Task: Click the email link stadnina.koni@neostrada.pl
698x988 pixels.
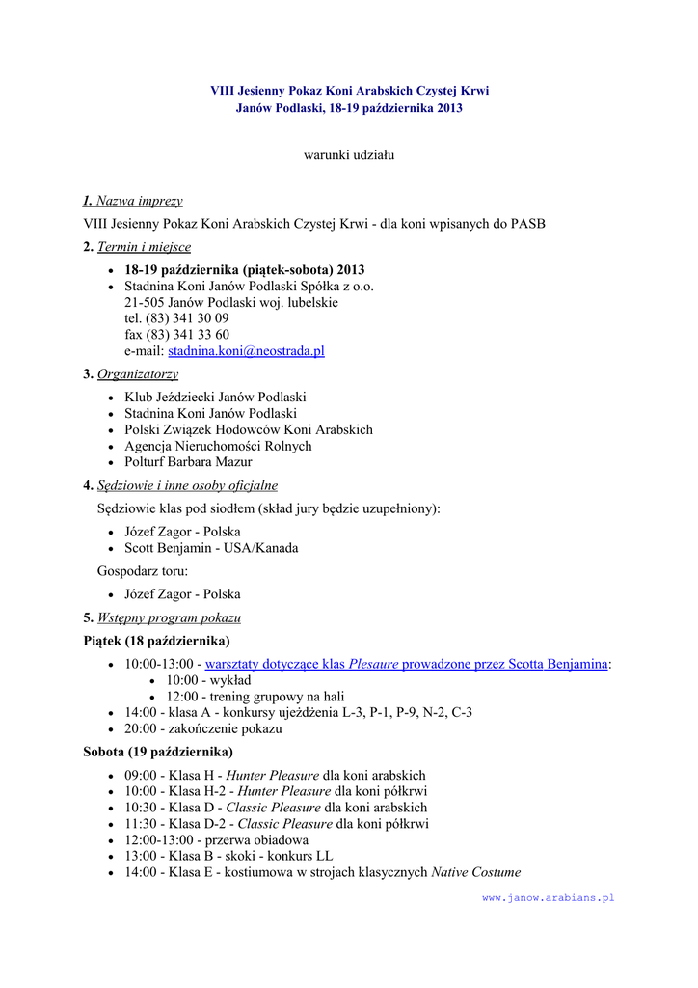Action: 246,351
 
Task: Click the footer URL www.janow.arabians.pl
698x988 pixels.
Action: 548,897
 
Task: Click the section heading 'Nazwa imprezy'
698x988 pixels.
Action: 139,201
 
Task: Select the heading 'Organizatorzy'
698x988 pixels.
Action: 138,374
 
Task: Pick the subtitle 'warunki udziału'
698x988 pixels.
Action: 349,154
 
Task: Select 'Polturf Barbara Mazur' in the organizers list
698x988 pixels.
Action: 188,462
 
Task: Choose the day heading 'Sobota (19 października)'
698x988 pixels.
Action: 158,752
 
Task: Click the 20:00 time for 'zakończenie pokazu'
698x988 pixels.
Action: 141,729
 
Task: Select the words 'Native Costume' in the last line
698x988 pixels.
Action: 475,872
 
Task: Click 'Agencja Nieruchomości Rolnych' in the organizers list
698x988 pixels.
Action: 218,446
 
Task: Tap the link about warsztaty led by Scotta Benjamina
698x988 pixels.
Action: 406,664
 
